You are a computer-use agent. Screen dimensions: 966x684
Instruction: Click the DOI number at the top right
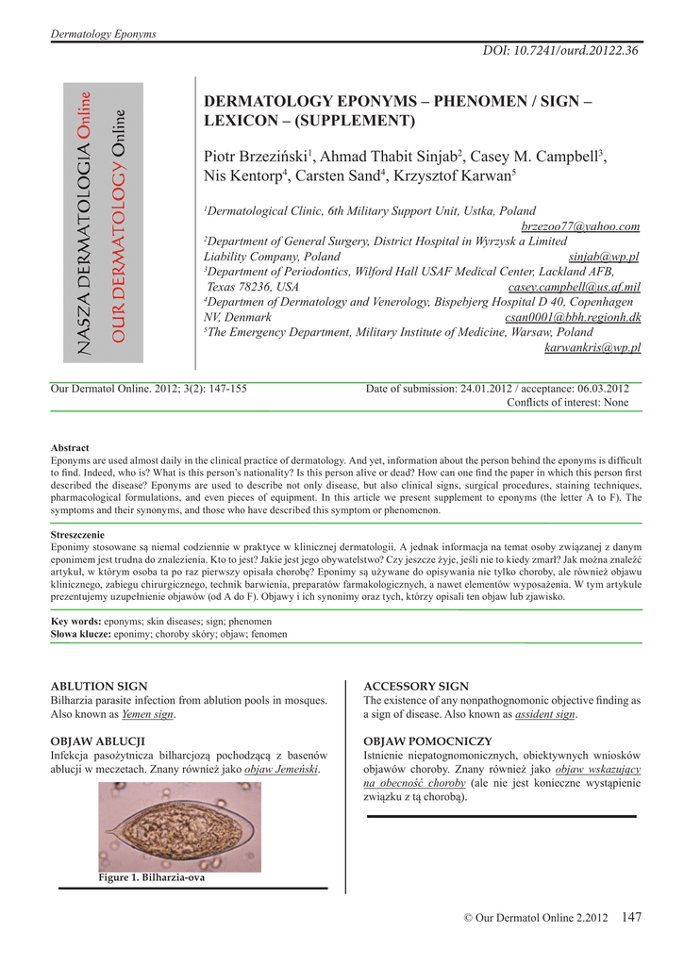tap(560, 50)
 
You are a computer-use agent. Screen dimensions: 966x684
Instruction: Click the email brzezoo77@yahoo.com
tap(580, 226)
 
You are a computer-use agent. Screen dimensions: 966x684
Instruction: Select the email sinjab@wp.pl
tap(605, 257)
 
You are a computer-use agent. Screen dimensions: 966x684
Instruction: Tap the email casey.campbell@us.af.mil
tap(574, 287)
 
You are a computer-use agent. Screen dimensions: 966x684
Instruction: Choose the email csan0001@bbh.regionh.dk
tap(573, 317)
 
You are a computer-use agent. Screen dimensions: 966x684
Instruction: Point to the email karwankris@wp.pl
tap(592, 347)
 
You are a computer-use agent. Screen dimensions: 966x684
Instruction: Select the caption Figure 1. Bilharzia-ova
tap(151, 877)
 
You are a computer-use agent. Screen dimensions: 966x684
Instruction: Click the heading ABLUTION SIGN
tap(98, 686)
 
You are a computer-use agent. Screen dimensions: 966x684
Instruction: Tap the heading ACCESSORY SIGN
tap(416, 686)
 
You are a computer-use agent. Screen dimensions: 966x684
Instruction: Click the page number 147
tap(631, 917)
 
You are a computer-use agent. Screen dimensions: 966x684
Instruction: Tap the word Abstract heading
tap(70, 447)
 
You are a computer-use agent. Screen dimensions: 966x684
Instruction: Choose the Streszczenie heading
tap(77, 534)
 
